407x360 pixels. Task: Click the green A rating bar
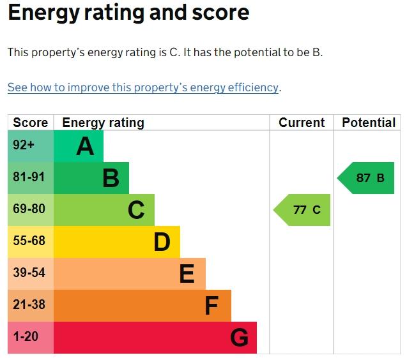[79, 146]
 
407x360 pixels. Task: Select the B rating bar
[91, 178]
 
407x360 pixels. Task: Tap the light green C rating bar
[104, 210]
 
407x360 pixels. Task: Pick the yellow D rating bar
[117, 242]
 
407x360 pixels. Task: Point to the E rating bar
[130, 274]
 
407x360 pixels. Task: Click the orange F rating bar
[142, 306]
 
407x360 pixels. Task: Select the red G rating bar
[155, 338]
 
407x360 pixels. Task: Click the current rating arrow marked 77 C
[302, 210]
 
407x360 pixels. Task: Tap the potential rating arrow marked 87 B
[365, 178]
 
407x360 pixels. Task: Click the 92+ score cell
[31, 146]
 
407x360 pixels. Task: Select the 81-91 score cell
[31, 178]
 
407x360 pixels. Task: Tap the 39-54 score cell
[31, 274]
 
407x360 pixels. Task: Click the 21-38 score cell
[31, 306]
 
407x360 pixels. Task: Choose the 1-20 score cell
[31, 338]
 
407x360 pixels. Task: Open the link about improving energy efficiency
[143, 87]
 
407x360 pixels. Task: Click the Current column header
[302, 123]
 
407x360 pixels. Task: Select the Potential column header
[369, 123]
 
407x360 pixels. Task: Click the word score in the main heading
[220, 13]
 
